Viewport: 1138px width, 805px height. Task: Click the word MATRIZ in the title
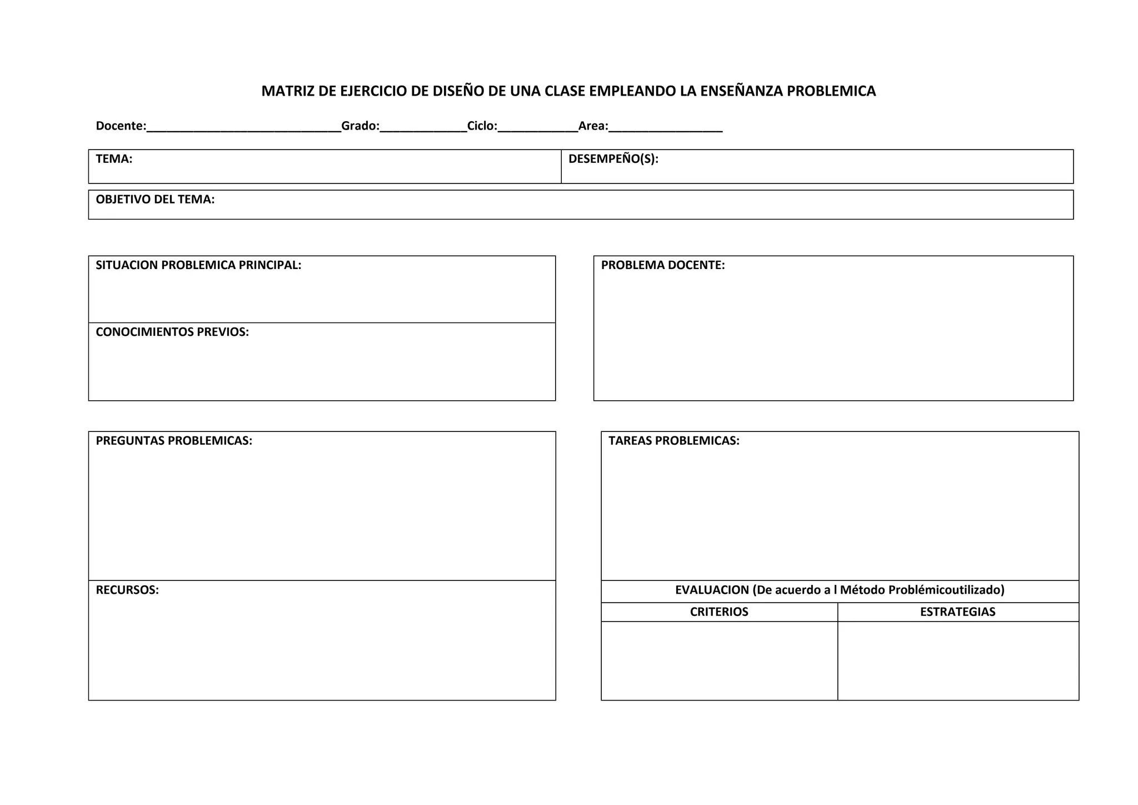[x=287, y=91]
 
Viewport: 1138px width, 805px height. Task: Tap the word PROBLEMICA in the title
[x=831, y=91]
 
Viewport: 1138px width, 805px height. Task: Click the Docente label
[x=120, y=126]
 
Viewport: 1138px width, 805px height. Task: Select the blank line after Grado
[x=423, y=128]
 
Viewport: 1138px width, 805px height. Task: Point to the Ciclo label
[x=481, y=126]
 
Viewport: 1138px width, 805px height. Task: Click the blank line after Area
[x=665, y=128]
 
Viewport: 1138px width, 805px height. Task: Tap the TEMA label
[x=114, y=159]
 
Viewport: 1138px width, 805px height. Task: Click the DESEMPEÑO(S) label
[x=613, y=159]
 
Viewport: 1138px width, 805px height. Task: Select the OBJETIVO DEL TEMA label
[x=155, y=200]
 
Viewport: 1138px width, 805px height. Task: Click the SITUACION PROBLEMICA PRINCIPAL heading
[x=198, y=265]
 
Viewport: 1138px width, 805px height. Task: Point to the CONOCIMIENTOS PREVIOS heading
[x=172, y=332]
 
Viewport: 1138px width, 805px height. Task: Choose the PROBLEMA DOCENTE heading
[x=662, y=265]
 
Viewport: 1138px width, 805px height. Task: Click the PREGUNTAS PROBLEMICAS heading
[x=174, y=441]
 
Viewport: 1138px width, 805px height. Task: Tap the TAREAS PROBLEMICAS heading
[x=673, y=441]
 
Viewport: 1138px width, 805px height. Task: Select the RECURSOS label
[x=127, y=590]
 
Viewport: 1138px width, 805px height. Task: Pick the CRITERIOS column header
[x=719, y=612]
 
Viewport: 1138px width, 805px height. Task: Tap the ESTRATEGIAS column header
[x=957, y=612]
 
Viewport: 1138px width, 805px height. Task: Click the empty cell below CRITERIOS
[x=719, y=660]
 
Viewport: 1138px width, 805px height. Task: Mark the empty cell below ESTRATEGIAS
[x=958, y=660]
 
